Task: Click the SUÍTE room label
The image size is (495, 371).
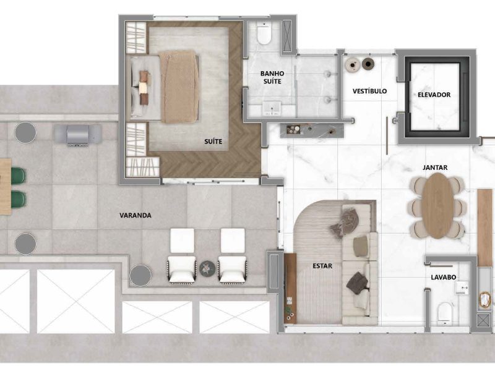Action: coord(213,142)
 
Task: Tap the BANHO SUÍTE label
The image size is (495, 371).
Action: coord(272,77)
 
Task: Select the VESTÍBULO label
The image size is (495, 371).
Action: coord(369,91)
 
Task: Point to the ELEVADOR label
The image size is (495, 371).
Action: coord(434,95)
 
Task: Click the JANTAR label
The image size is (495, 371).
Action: coord(435,168)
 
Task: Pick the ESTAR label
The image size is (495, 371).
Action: coord(322,266)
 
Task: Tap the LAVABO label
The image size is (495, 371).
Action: coord(444,277)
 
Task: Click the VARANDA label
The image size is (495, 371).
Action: coord(136,215)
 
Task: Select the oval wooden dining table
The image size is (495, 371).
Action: coord(437,205)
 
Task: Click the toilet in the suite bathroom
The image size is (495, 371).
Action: coord(264,34)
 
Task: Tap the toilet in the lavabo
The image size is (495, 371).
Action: coord(445,313)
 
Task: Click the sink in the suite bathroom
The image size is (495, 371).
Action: coord(272,108)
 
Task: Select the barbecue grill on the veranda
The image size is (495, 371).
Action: coord(78,135)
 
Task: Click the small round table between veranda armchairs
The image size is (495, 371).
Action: coord(207,268)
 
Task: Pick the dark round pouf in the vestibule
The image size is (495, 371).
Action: coord(368,64)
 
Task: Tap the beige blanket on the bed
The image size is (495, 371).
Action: coord(179,87)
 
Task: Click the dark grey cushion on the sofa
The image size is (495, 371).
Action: coord(358,283)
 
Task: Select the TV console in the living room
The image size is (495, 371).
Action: coord(290,288)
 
